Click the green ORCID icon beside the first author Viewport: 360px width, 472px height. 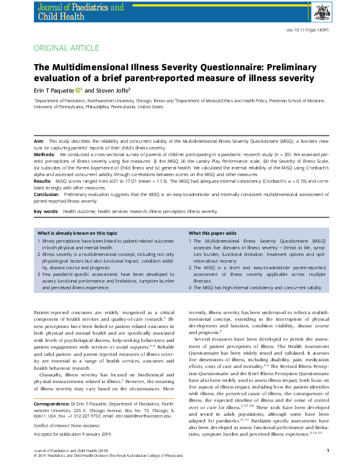tap(78, 90)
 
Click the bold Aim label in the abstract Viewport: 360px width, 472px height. tap(39, 140)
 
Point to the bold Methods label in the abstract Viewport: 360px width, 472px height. tap(45, 154)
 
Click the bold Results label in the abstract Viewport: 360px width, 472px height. tap(42, 180)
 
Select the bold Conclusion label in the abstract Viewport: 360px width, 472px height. tap(47, 194)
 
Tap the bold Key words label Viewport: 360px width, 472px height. tap(46, 211)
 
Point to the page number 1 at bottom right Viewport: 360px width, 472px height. tap(327, 450)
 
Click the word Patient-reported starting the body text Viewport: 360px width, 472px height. tap(50, 310)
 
